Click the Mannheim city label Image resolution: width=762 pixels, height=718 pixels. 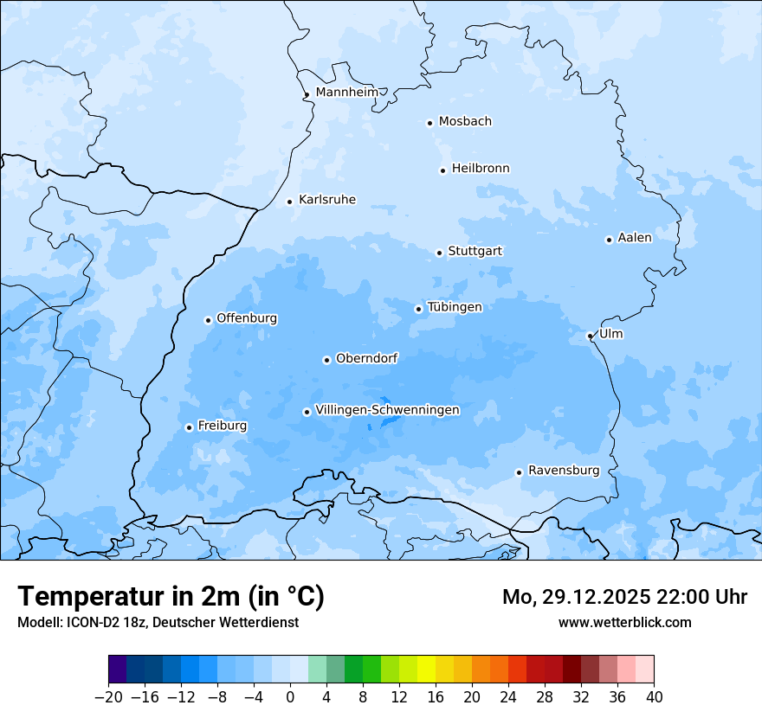coord(346,93)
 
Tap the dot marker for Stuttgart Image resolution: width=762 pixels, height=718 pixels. coord(439,253)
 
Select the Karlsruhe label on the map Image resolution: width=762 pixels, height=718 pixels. coord(326,200)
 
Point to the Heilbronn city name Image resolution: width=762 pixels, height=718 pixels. coord(480,169)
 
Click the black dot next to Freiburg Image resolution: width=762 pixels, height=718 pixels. coord(189,427)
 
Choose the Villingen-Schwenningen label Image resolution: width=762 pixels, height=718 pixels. coord(387,410)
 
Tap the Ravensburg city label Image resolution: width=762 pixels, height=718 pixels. coord(563,471)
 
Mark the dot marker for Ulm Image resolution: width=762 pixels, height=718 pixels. coord(590,336)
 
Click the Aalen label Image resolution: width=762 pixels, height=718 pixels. coord(634,238)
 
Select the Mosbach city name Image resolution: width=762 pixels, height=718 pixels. coord(464,122)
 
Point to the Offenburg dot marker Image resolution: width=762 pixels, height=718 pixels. coord(208,320)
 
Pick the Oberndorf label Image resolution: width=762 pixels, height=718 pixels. coord(366,358)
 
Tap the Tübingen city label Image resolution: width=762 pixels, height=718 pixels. coord(454,307)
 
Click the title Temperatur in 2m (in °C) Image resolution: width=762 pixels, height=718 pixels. coord(171,596)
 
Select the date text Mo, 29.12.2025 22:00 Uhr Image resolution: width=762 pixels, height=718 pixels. coord(624,597)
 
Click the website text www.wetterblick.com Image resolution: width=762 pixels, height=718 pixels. coord(624,622)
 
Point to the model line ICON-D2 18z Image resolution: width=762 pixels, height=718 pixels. coord(158,622)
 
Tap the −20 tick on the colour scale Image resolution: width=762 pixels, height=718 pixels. coord(108,697)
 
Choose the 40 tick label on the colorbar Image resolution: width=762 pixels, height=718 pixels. coord(654,697)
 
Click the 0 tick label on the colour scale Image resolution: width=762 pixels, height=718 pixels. coord(290,697)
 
